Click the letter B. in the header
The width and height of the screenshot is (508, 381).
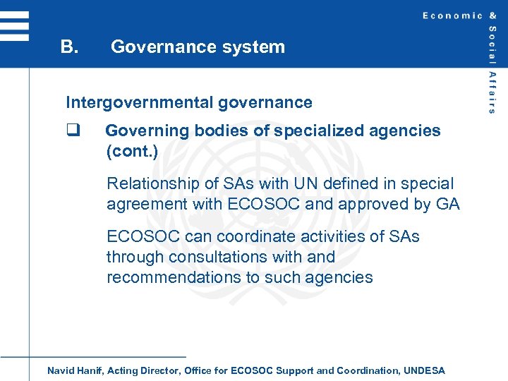(x=68, y=47)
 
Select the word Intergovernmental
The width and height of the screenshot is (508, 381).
(x=139, y=102)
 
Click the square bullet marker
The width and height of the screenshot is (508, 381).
(x=71, y=131)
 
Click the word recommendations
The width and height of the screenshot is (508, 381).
(x=174, y=277)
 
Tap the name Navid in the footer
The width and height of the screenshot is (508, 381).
(x=61, y=370)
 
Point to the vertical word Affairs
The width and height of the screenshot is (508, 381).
(x=492, y=92)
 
